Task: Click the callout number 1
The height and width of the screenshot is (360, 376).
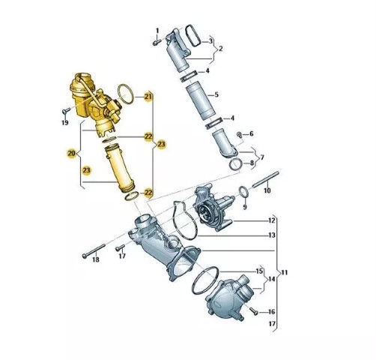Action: [x=157, y=31]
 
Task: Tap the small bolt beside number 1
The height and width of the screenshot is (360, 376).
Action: [x=157, y=43]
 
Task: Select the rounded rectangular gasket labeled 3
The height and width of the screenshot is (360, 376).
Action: [x=193, y=35]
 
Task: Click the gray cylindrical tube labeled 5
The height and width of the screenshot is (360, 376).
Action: [x=200, y=100]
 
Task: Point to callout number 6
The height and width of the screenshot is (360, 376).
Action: [x=251, y=133]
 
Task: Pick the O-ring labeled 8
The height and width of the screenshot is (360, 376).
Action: [x=235, y=165]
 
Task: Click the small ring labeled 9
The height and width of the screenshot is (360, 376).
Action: [x=244, y=192]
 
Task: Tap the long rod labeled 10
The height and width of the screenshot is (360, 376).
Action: [x=265, y=179]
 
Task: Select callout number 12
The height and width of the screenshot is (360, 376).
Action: [x=271, y=220]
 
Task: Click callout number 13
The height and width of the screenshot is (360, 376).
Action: [x=272, y=235]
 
